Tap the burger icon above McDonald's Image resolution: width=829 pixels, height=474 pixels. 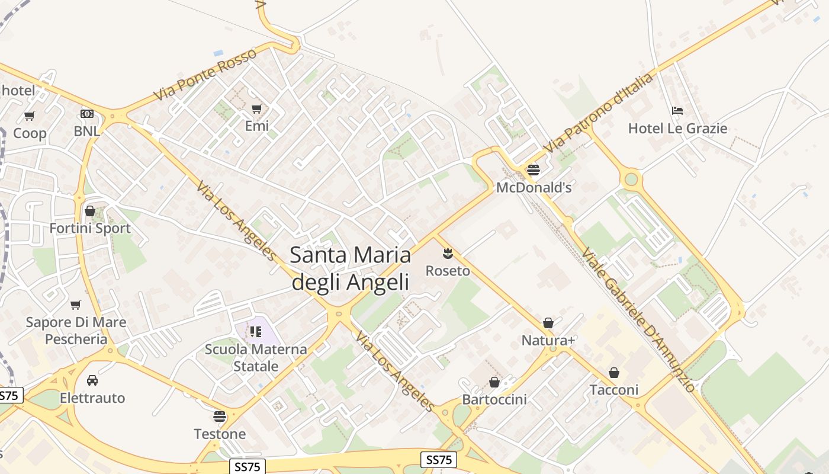tap(533, 171)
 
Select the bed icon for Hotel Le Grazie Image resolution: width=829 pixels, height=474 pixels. tap(677, 111)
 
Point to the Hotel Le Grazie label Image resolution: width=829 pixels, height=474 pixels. tap(677, 129)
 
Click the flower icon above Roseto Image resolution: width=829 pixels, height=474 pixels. tap(448, 254)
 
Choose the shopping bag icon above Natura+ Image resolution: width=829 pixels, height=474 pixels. tap(548, 324)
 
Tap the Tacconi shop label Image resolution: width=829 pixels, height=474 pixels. tap(613, 390)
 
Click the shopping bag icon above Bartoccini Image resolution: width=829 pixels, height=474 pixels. tap(494, 383)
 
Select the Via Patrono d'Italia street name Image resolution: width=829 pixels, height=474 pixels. tap(599, 112)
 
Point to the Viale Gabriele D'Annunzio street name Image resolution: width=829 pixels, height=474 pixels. tap(638, 320)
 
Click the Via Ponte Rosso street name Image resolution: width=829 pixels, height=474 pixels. tap(205, 74)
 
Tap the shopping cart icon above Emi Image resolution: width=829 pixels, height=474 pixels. tap(256, 109)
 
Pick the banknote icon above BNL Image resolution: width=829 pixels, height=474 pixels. tap(87, 114)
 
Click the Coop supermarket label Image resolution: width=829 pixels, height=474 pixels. tap(30, 133)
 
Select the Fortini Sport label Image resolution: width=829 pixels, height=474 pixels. tap(90, 228)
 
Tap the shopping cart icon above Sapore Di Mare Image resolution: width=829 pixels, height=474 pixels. tap(76, 305)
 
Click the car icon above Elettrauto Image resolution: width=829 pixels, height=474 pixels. tap(92, 380)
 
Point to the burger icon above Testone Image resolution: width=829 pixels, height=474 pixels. tap(220, 417)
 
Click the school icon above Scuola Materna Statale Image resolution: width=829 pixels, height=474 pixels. tap(256, 332)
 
